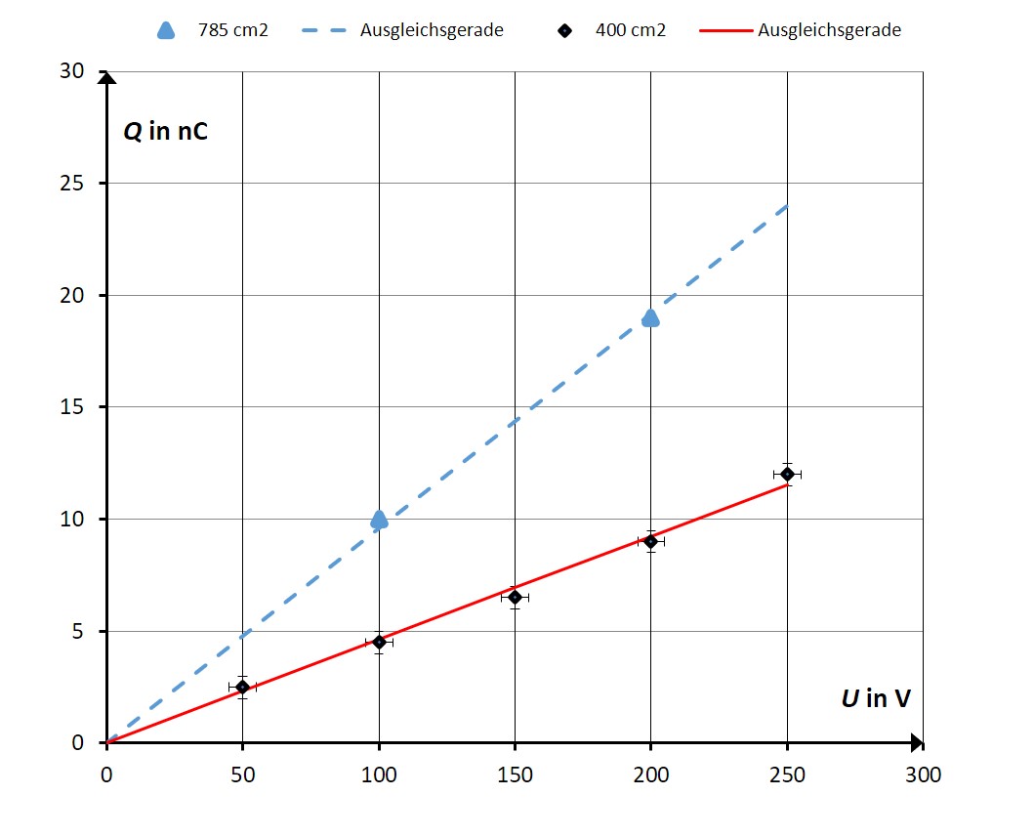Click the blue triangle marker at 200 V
pyautogui.click(x=650, y=318)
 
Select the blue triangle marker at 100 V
pyautogui.click(x=379, y=520)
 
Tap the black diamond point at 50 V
pyautogui.click(x=242, y=687)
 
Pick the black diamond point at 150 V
pyautogui.click(x=515, y=597)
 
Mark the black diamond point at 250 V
pyautogui.click(x=787, y=474)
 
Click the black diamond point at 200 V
pyautogui.click(x=650, y=541)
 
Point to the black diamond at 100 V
pyautogui.click(x=379, y=642)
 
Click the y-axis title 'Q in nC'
pyautogui.click(x=165, y=131)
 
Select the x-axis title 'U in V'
pyautogui.click(x=876, y=698)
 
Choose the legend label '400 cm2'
pyautogui.click(x=630, y=30)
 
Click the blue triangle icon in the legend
pyautogui.click(x=166, y=30)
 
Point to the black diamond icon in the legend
pyautogui.click(x=563, y=30)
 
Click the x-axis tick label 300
pyautogui.click(x=923, y=775)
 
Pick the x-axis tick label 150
pyautogui.click(x=515, y=775)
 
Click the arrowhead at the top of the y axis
pyautogui.click(x=106, y=77)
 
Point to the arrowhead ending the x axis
pyautogui.click(x=917, y=743)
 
